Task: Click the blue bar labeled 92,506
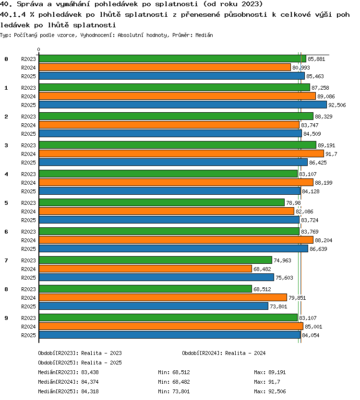click(183, 105)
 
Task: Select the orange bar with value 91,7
click(181, 153)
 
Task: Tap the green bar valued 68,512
click(145, 289)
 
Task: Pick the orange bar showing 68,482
click(145, 269)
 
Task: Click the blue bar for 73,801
click(154, 306)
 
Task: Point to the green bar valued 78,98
click(162, 202)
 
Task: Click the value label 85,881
click(316, 59)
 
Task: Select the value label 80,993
click(301, 68)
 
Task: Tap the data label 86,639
click(318, 249)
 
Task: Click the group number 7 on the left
click(6, 260)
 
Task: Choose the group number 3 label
click(6, 145)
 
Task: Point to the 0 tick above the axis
click(38, 49)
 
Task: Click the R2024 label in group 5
click(28, 212)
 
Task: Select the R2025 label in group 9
click(28, 335)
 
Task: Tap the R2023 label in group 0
click(28, 59)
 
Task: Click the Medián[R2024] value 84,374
click(90, 382)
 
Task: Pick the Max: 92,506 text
click(270, 391)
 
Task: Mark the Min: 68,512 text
click(174, 372)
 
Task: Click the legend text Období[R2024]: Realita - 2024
click(224, 353)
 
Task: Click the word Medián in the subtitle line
click(204, 35)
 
